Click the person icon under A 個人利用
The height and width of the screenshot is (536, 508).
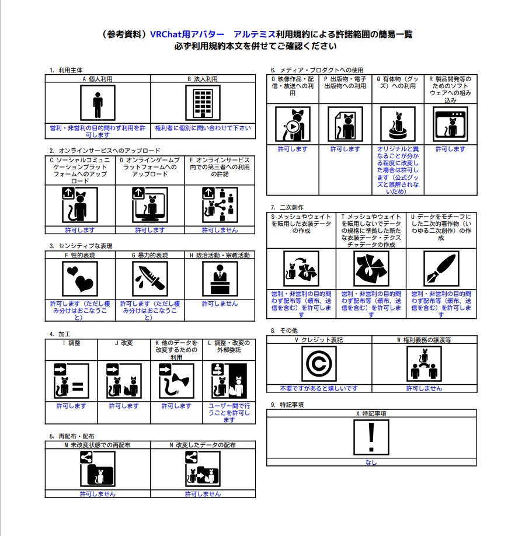[x=98, y=103]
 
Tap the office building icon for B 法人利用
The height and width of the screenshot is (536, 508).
[x=203, y=103]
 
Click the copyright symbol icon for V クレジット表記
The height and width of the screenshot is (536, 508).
[x=319, y=364]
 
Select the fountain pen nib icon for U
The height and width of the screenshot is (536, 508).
[x=441, y=269]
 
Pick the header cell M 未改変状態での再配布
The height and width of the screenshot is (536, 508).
[x=98, y=445]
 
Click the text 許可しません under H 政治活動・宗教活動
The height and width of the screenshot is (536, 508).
[x=220, y=304]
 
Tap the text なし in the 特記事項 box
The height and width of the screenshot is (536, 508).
[x=371, y=462]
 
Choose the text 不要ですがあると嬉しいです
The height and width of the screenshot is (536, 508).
[x=319, y=388]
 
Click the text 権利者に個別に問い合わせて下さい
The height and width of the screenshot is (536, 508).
[x=203, y=128]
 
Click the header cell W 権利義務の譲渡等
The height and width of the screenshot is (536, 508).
[x=424, y=339]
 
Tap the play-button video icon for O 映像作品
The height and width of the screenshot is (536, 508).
[x=293, y=124]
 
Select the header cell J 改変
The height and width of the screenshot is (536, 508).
[x=124, y=343]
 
